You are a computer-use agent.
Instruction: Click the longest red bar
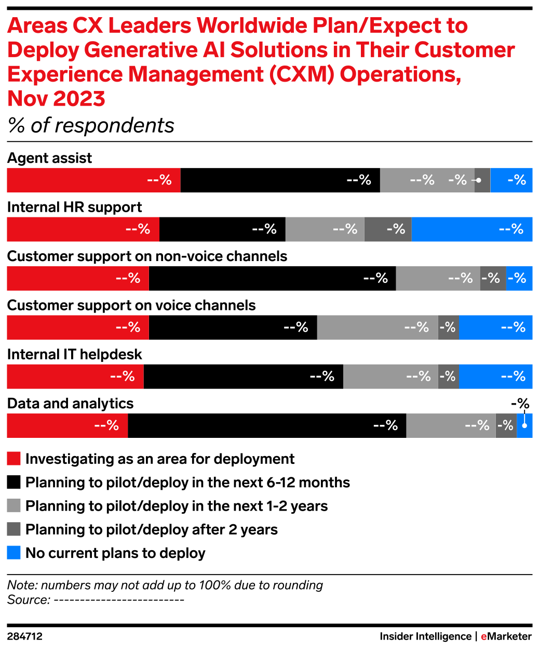(x=93, y=180)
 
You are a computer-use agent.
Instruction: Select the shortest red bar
(x=67, y=425)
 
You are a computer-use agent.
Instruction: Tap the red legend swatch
(x=14, y=458)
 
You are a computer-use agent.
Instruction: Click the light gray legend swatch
(x=14, y=505)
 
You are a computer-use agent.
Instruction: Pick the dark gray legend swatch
(x=14, y=529)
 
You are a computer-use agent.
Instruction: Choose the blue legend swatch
(x=14, y=552)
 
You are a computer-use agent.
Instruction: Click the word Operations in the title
(x=400, y=74)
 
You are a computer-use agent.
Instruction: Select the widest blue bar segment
(x=472, y=229)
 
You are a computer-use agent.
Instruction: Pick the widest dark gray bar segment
(x=388, y=229)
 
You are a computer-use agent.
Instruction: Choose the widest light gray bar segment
(x=378, y=328)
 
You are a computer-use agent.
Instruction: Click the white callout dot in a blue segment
(x=524, y=426)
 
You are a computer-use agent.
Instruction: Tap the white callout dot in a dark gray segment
(x=479, y=180)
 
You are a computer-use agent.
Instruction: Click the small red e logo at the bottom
(x=484, y=637)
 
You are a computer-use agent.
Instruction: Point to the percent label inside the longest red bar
(x=159, y=180)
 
